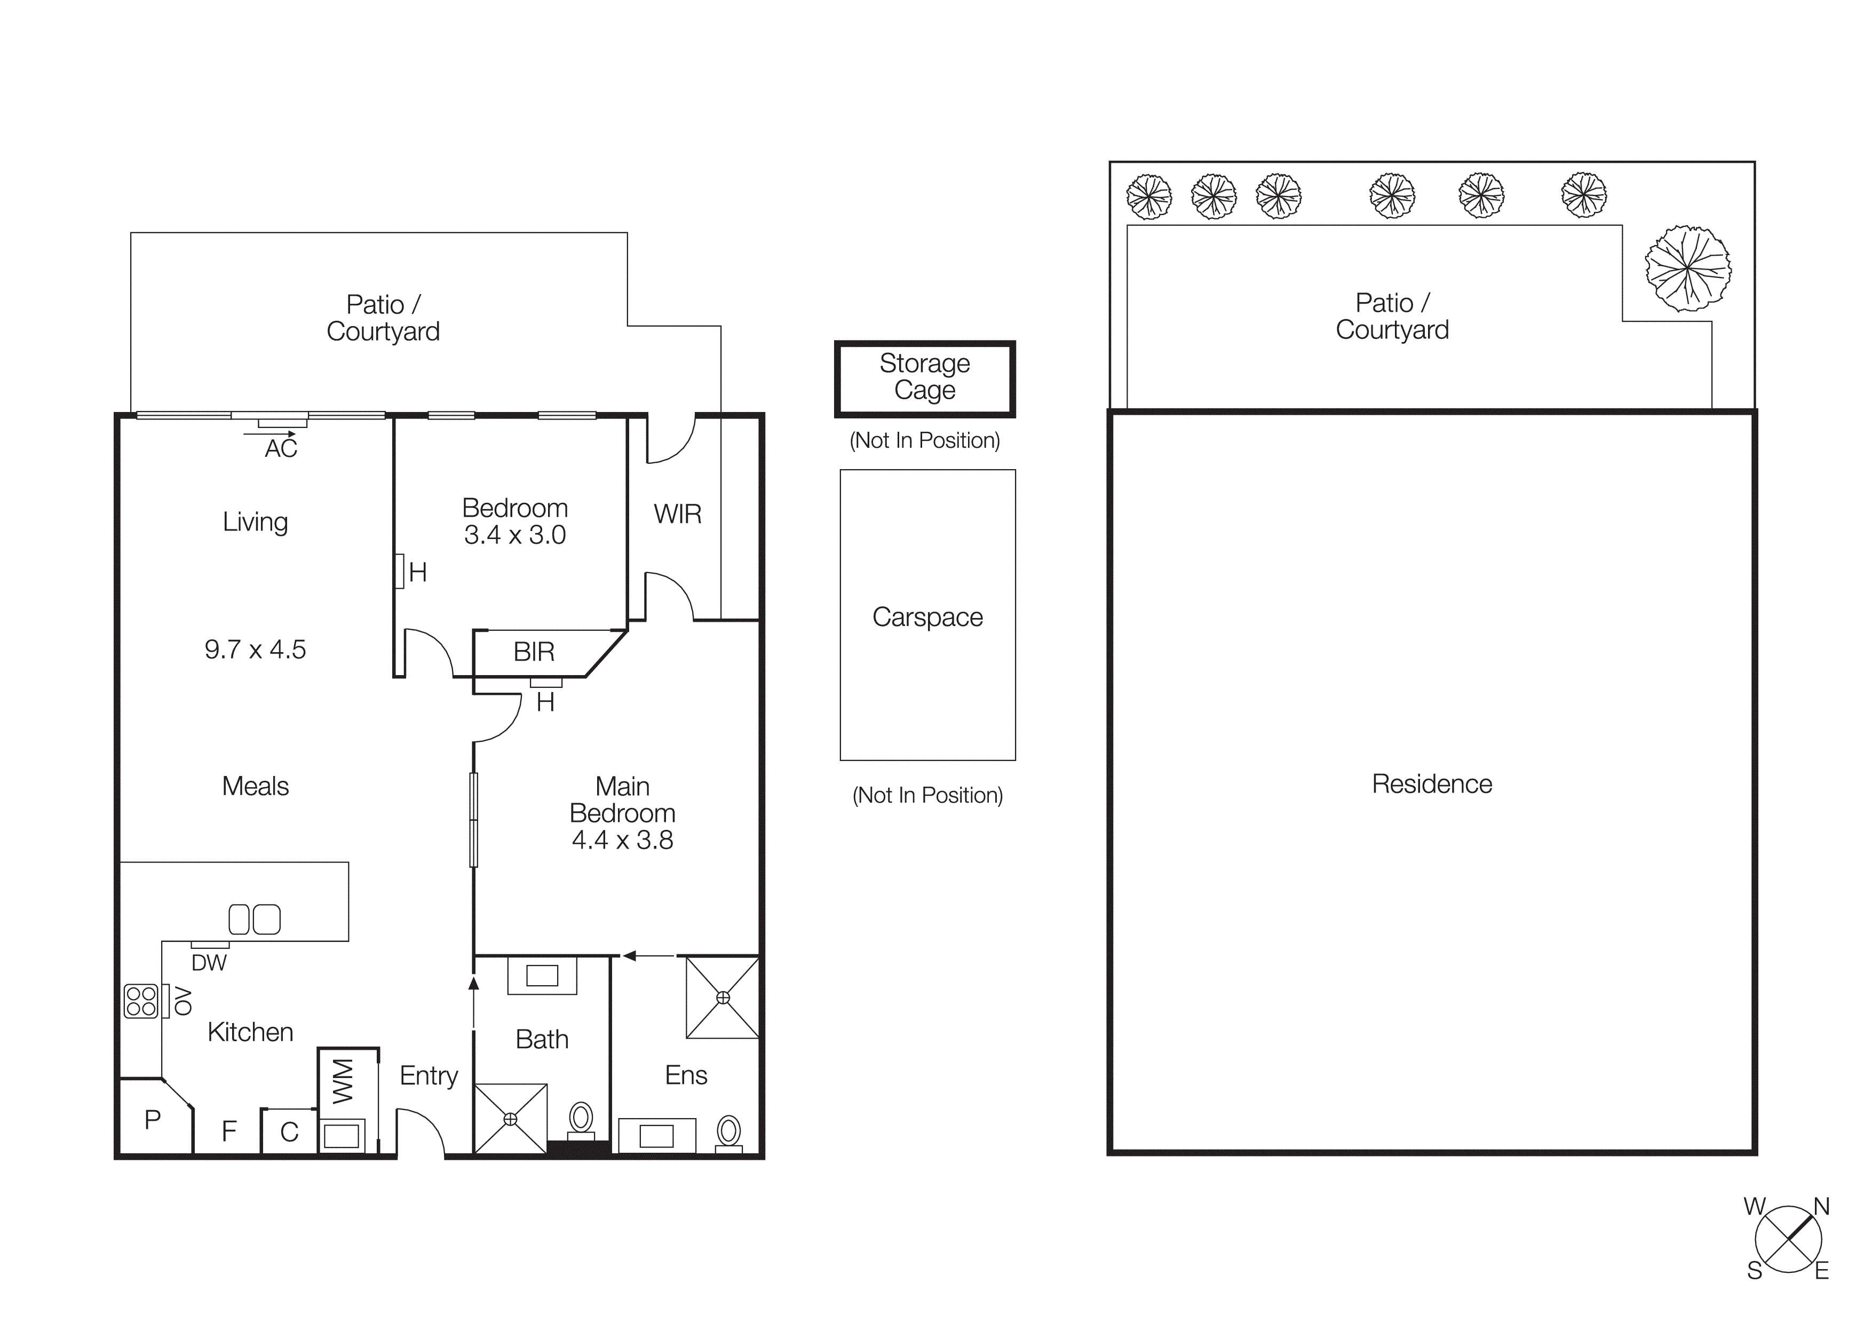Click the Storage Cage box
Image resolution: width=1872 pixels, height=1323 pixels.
tap(925, 378)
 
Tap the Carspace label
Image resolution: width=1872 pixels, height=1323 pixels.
tap(927, 617)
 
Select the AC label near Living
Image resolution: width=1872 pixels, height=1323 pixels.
tap(281, 448)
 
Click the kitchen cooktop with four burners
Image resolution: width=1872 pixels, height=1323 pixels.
tap(140, 1001)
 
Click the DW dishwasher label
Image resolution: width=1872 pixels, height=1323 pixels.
tap(209, 963)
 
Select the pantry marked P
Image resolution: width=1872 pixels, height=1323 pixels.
tap(153, 1119)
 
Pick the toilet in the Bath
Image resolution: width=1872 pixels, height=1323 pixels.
tap(581, 1119)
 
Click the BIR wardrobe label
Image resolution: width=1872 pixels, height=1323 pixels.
tap(534, 651)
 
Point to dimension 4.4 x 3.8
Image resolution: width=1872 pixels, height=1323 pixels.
tap(622, 839)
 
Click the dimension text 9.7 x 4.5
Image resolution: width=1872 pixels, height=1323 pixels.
tap(255, 649)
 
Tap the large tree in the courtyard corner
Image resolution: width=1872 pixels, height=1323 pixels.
tap(1688, 268)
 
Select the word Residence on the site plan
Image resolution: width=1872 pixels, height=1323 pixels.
tap(1432, 783)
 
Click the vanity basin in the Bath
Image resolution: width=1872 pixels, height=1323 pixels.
tap(542, 975)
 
